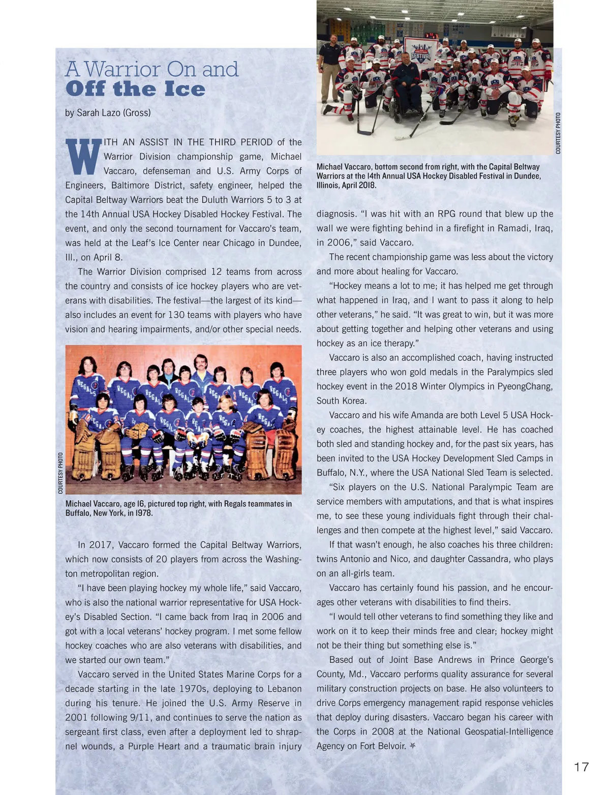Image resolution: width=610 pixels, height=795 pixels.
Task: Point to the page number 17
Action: point(581,767)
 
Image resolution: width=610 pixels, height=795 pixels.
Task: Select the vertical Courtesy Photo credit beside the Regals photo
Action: point(60,473)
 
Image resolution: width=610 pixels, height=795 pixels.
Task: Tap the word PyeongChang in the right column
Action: point(527,386)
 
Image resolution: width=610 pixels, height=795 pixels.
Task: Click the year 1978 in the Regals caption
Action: point(144,513)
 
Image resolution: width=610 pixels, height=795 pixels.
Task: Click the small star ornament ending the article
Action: point(412,746)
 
